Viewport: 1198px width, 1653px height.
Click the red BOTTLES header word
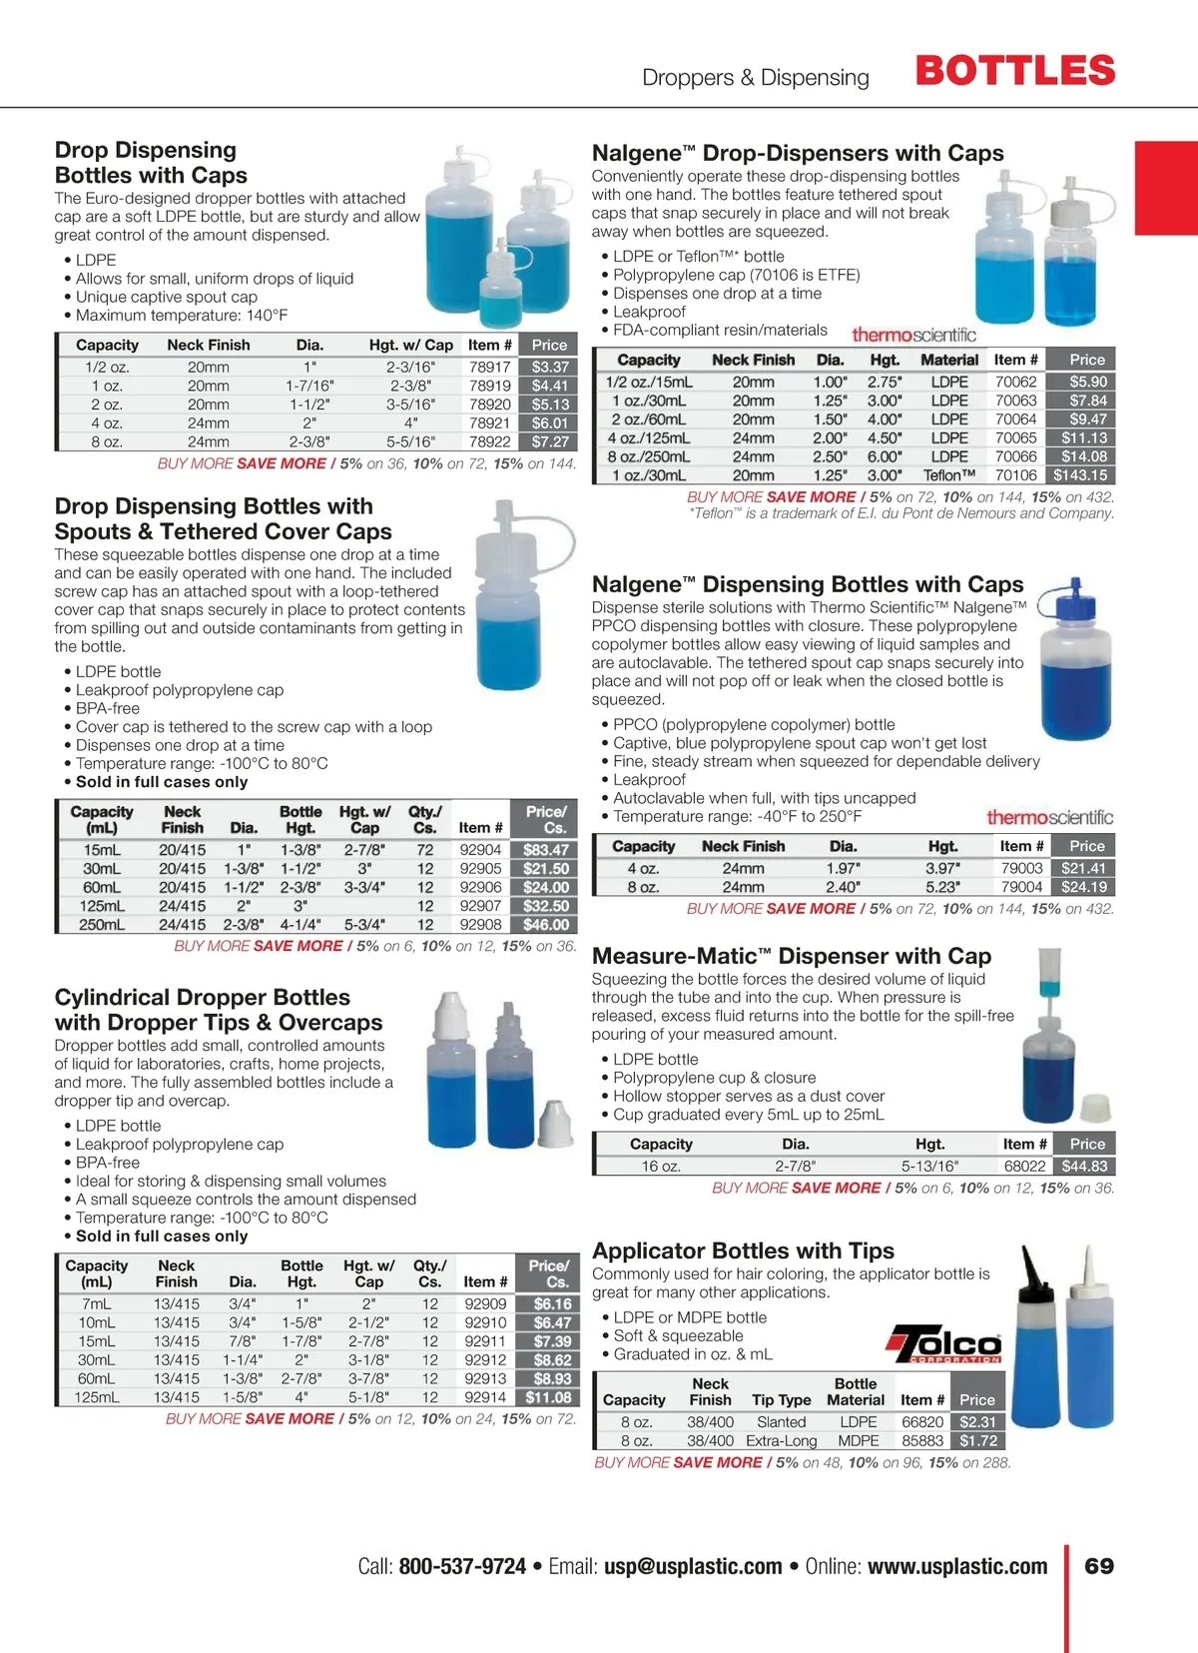pyautogui.click(x=1014, y=72)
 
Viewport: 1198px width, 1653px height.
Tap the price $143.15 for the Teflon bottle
pyautogui.click(x=1080, y=475)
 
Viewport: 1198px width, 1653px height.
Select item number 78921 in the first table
pyautogui.click(x=490, y=422)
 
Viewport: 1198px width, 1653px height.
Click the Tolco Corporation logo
pyautogui.click(x=943, y=1344)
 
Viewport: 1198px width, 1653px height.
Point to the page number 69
pyautogui.click(x=1099, y=1566)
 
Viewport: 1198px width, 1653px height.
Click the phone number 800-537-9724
pyautogui.click(x=462, y=1566)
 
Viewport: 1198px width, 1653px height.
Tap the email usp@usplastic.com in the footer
pyautogui.click(x=693, y=1566)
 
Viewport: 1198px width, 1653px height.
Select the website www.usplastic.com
pyautogui.click(x=957, y=1566)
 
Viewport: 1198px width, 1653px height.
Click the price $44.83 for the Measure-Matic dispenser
pyautogui.click(x=1084, y=1166)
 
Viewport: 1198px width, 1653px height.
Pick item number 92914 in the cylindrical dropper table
pyautogui.click(x=485, y=1397)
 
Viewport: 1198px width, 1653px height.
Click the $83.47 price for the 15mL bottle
pyautogui.click(x=546, y=850)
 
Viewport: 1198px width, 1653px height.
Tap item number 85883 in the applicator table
pyautogui.click(x=922, y=1440)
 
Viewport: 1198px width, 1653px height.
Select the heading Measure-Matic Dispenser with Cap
pyautogui.click(x=792, y=956)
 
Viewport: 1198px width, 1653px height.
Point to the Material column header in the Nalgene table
pyautogui.click(x=949, y=360)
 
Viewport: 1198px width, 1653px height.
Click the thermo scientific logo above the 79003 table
pyautogui.click(x=1049, y=817)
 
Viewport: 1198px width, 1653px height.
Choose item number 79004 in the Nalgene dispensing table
pyautogui.click(x=1021, y=887)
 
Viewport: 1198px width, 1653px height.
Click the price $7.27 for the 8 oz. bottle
pyautogui.click(x=550, y=441)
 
